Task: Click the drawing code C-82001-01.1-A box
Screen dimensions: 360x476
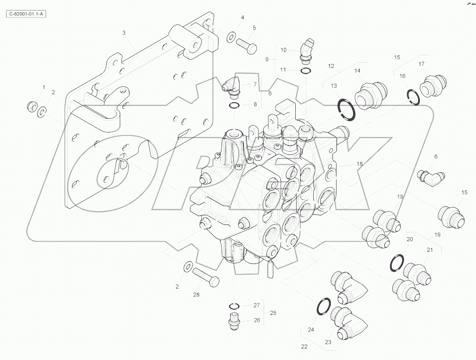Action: click(x=27, y=14)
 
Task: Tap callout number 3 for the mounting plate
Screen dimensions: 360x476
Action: click(x=124, y=33)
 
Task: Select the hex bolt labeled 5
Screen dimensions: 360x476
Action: click(x=246, y=45)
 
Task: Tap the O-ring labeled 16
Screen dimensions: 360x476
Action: click(x=412, y=97)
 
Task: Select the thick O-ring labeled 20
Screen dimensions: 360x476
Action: click(x=397, y=262)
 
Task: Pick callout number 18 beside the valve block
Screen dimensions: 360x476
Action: click(x=359, y=164)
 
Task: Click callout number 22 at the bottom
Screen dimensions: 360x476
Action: click(x=304, y=346)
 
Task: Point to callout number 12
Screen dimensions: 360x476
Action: click(x=331, y=66)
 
